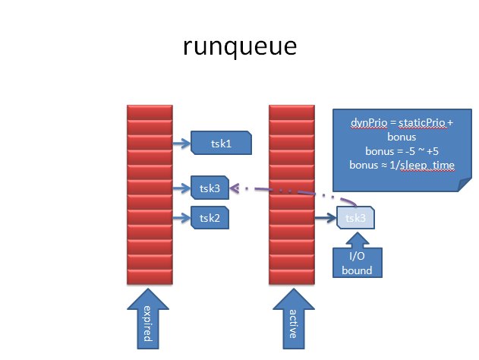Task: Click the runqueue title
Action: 240,46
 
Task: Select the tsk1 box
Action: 221,143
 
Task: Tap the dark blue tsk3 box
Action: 210,188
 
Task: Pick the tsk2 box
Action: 210,218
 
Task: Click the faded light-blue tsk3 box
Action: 355,218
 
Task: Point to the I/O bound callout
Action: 357,255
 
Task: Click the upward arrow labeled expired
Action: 148,318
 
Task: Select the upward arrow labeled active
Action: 294,318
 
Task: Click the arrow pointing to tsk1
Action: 181,143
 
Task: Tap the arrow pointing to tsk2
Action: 181,218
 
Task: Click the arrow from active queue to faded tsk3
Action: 326,218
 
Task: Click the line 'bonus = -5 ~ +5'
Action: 402,151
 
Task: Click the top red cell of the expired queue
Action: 150,112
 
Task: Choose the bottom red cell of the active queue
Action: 291,277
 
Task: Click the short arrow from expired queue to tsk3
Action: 181,188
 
